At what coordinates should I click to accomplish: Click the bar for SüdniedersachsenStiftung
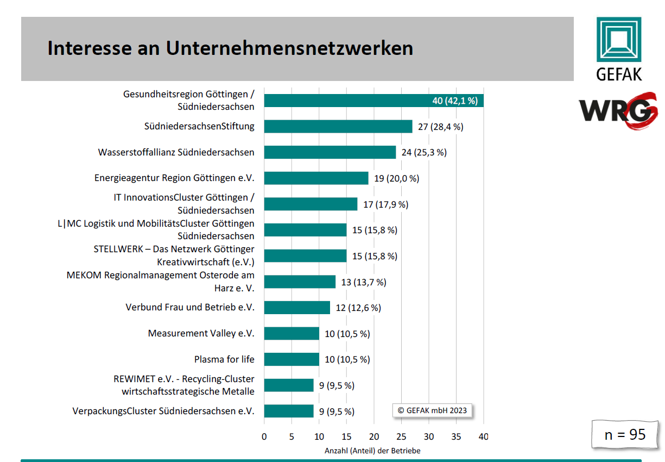pos(338,127)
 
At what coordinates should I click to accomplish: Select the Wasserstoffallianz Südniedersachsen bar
pos(330,152)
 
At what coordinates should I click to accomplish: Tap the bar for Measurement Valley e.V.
pos(292,333)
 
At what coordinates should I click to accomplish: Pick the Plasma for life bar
pos(292,359)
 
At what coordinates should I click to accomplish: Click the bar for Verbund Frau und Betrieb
pos(297,308)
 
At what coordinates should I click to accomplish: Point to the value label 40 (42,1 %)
pos(454,101)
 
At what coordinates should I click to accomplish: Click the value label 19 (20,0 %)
pos(396,178)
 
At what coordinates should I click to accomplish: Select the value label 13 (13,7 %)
pos(363,282)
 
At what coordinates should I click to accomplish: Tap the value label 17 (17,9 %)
pos(385,204)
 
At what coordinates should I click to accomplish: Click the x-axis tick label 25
pos(401,436)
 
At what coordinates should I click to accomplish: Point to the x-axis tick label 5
pos(292,436)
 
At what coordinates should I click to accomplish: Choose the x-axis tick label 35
pos(456,436)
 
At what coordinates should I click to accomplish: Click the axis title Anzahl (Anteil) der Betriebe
pos(372,451)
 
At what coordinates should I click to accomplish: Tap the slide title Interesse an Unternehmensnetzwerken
pos(230,48)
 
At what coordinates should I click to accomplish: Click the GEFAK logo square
pos(619,39)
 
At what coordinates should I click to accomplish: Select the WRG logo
pos(618,110)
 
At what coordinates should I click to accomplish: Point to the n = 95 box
pos(625,434)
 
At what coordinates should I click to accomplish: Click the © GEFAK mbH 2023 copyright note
pos(432,410)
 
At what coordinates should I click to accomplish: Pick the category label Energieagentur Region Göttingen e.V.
pos(174,178)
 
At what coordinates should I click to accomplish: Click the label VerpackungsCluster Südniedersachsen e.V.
pos(163,411)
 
